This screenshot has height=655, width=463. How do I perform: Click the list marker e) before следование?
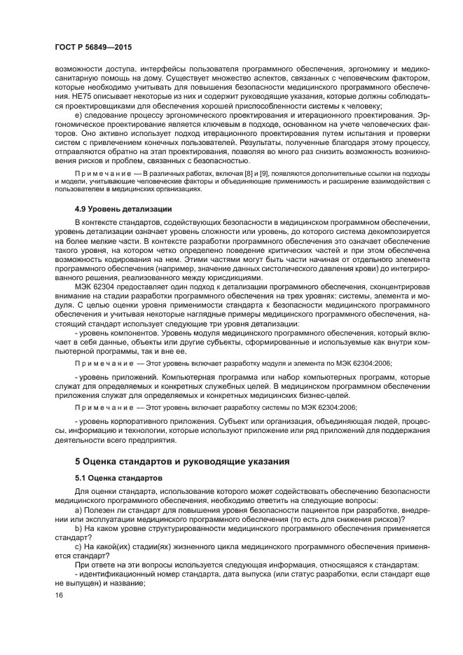click(x=77, y=113)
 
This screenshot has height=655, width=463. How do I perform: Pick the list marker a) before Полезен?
click(x=77, y=510)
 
